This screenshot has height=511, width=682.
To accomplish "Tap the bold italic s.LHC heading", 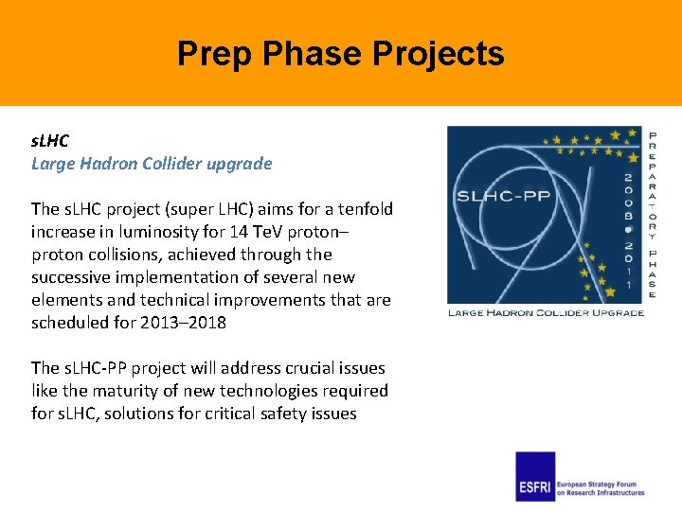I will pyautogui.click(x=50, y=140).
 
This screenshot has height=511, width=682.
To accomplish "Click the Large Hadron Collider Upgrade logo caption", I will pyautogui.click(x=546, y=312).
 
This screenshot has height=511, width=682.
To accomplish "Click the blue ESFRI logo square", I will pyautogui.click(x=535, y=476).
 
